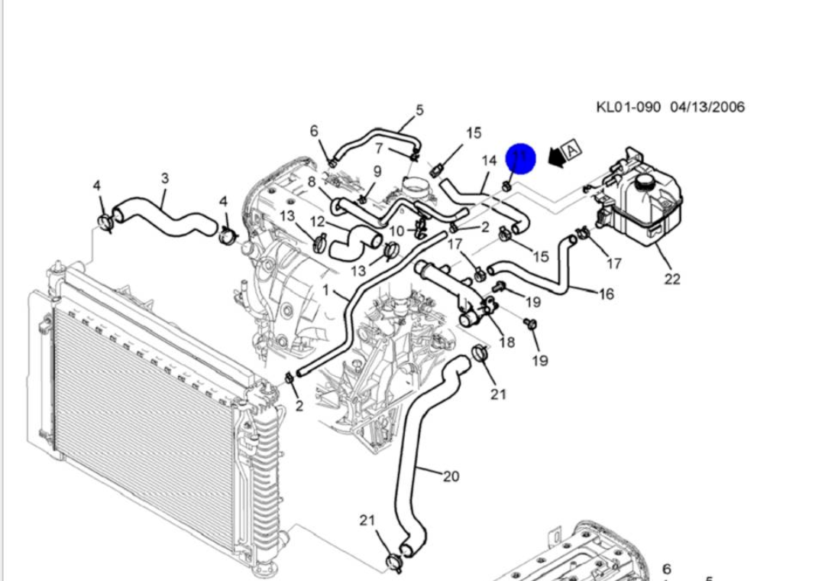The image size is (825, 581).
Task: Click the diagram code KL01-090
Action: pos(628,107)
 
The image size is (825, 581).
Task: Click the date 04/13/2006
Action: pos(707,107)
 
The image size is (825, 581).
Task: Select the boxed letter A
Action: pos(572,148)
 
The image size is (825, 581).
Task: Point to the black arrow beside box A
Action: pos(555,158)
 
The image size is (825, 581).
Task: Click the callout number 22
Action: pos(671,279)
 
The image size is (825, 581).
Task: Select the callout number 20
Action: pos(451,476)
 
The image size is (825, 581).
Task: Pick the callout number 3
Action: pos(165,179)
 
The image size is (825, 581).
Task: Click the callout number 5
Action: pos(419,110)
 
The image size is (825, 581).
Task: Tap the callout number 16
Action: pos(606,294)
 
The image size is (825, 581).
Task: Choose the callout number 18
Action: pos(506,342)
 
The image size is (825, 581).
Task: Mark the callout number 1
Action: pos(325,290)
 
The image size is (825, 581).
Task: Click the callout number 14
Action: pos(489,161)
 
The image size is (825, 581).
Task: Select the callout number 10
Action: pos(396,232)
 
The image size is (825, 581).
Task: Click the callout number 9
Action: pos(377,171)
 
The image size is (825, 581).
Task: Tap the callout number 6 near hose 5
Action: pos(314,131)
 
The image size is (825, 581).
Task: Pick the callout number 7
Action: pos(378,148)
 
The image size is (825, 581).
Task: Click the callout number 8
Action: pos(312,182)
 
